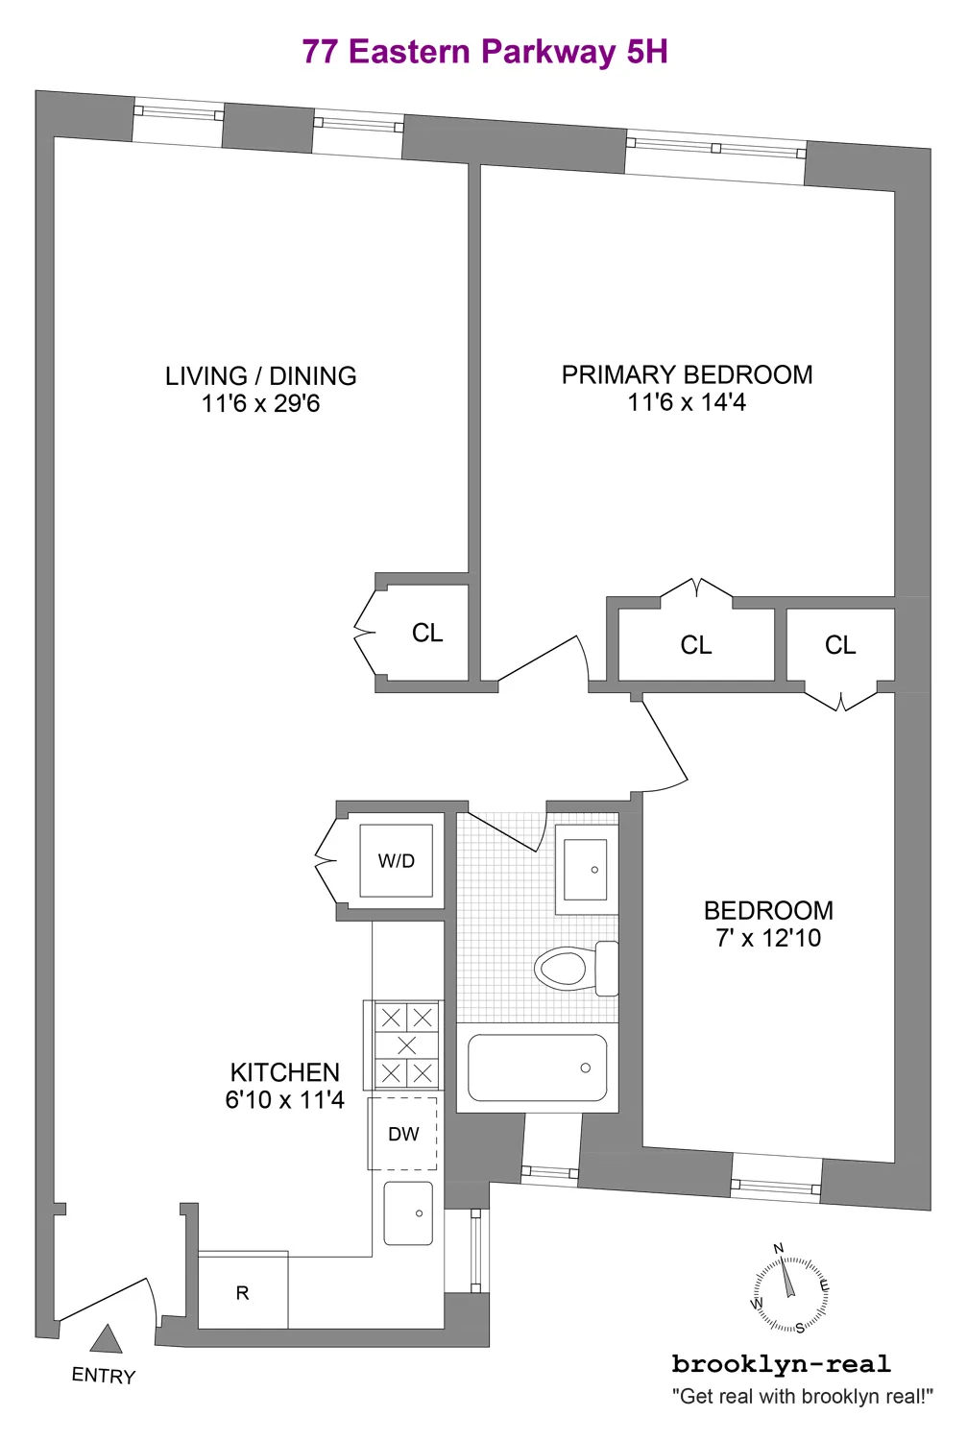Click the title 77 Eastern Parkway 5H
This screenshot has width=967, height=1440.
[484, 52]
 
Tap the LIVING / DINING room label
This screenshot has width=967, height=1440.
[260, 375]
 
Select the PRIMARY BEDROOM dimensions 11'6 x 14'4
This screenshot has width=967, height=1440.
[686, 402]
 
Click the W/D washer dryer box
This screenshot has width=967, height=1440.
[397, 861]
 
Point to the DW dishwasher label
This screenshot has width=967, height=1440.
[403, 1134]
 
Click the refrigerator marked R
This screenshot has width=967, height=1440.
[242, 1293]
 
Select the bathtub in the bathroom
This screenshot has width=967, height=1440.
[537, 1068]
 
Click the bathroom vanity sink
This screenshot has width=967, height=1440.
[585, 870]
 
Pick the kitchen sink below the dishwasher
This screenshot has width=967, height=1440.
[408, 1213]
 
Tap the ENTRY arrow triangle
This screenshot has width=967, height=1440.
[106, 1340]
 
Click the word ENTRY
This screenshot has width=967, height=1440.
[104, 1376]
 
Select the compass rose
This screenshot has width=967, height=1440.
[790, 1288]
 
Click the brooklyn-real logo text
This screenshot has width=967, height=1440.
[781, 1364]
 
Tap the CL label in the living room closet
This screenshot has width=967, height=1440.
[427, 634]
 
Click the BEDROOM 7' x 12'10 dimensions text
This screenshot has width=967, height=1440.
[768, 938]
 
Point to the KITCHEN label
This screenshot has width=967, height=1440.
[285, 1072]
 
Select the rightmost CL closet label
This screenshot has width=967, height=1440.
[840, 646]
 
